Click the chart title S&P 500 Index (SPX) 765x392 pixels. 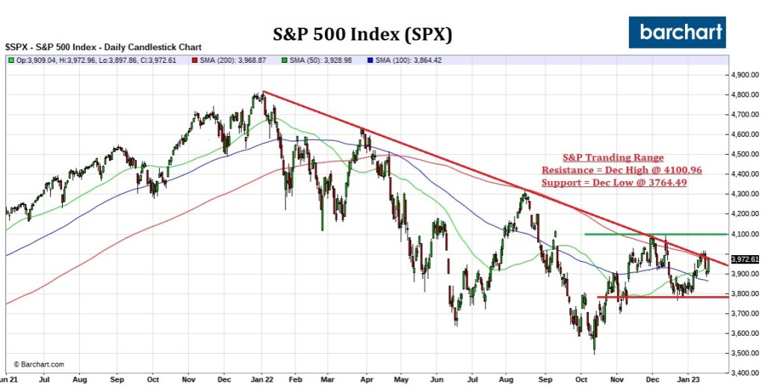361,35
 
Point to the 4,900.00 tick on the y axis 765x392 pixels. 744,76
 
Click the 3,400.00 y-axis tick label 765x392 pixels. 744,373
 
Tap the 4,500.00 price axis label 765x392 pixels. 744,155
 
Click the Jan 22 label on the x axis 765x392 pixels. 262,380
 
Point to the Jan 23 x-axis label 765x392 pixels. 689,380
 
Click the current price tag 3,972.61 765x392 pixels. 745,260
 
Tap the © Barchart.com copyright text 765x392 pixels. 39,364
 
